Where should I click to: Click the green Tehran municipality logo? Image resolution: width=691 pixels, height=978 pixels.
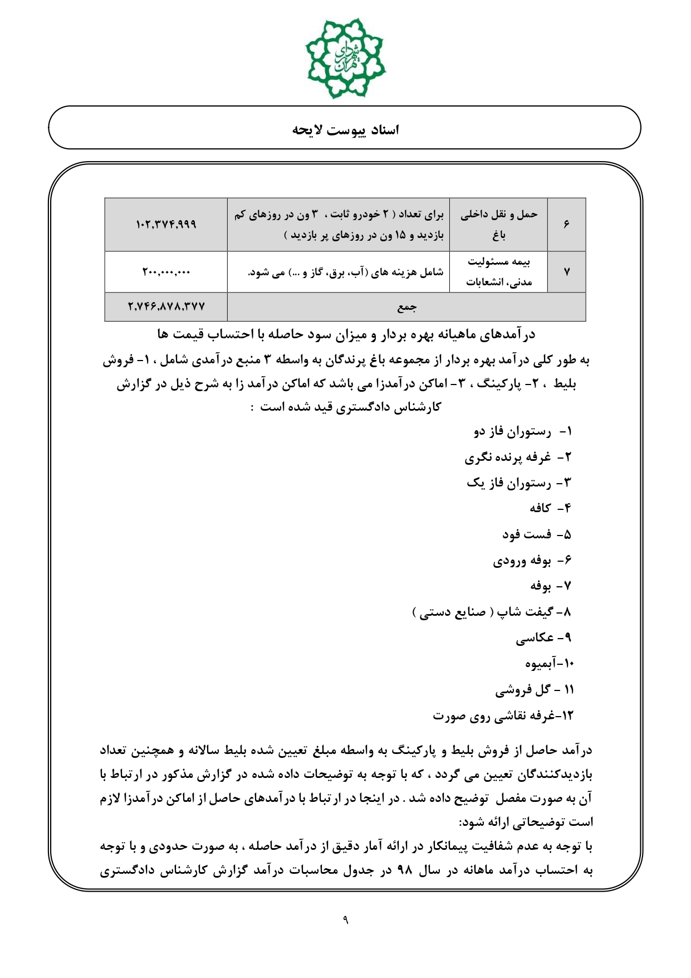coord(345,58)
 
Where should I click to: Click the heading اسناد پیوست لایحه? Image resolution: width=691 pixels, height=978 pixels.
coord(345,130)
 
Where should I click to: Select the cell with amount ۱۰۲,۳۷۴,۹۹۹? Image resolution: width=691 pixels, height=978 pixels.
coord(166,225)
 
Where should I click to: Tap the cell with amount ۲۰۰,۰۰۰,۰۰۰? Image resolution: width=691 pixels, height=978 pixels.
coord(166,272)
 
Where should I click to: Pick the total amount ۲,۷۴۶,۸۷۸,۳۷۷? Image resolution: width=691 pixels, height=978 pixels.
coord(166,306)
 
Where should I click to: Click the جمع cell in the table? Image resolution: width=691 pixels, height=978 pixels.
coord(406,306)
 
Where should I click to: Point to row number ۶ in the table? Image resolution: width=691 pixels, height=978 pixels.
coord(566,225)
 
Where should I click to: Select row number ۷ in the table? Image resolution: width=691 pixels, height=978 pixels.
coord(566,272)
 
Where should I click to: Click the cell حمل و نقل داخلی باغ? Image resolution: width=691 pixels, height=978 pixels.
coord(498,225)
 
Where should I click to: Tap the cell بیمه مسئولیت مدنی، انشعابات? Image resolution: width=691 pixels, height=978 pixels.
coord(498,272)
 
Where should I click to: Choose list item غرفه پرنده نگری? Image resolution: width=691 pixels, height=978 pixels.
coord(518,458)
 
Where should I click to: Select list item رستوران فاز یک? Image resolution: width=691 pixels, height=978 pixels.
coord(519,483)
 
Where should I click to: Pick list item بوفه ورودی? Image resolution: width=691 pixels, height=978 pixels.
coord(532,561)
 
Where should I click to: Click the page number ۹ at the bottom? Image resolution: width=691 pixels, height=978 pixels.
coord(345,919)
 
